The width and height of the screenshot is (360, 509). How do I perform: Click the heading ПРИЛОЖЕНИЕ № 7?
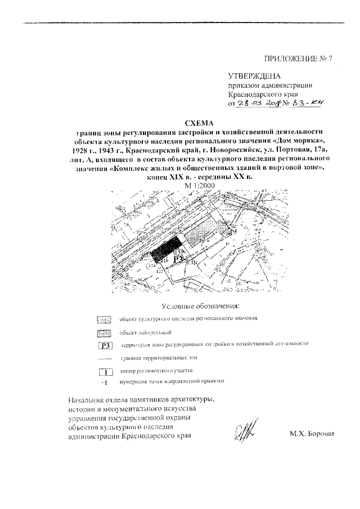click(299, 58)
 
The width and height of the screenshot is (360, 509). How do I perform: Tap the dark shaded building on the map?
click(167, 247)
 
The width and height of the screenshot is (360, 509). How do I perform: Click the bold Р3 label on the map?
click(179, 259)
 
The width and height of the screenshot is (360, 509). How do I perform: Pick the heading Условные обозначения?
click(200, 306)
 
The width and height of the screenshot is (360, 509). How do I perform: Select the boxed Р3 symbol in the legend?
click(105, 346)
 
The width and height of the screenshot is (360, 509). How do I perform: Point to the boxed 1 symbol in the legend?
click(105, 372)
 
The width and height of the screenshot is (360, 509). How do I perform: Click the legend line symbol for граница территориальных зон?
click(105, 358)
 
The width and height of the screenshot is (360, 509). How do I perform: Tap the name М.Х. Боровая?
click(312, 434)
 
